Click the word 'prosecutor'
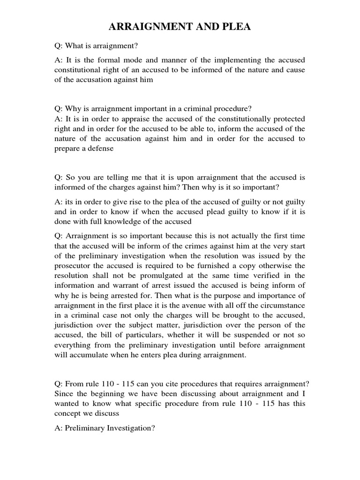point(72,265)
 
